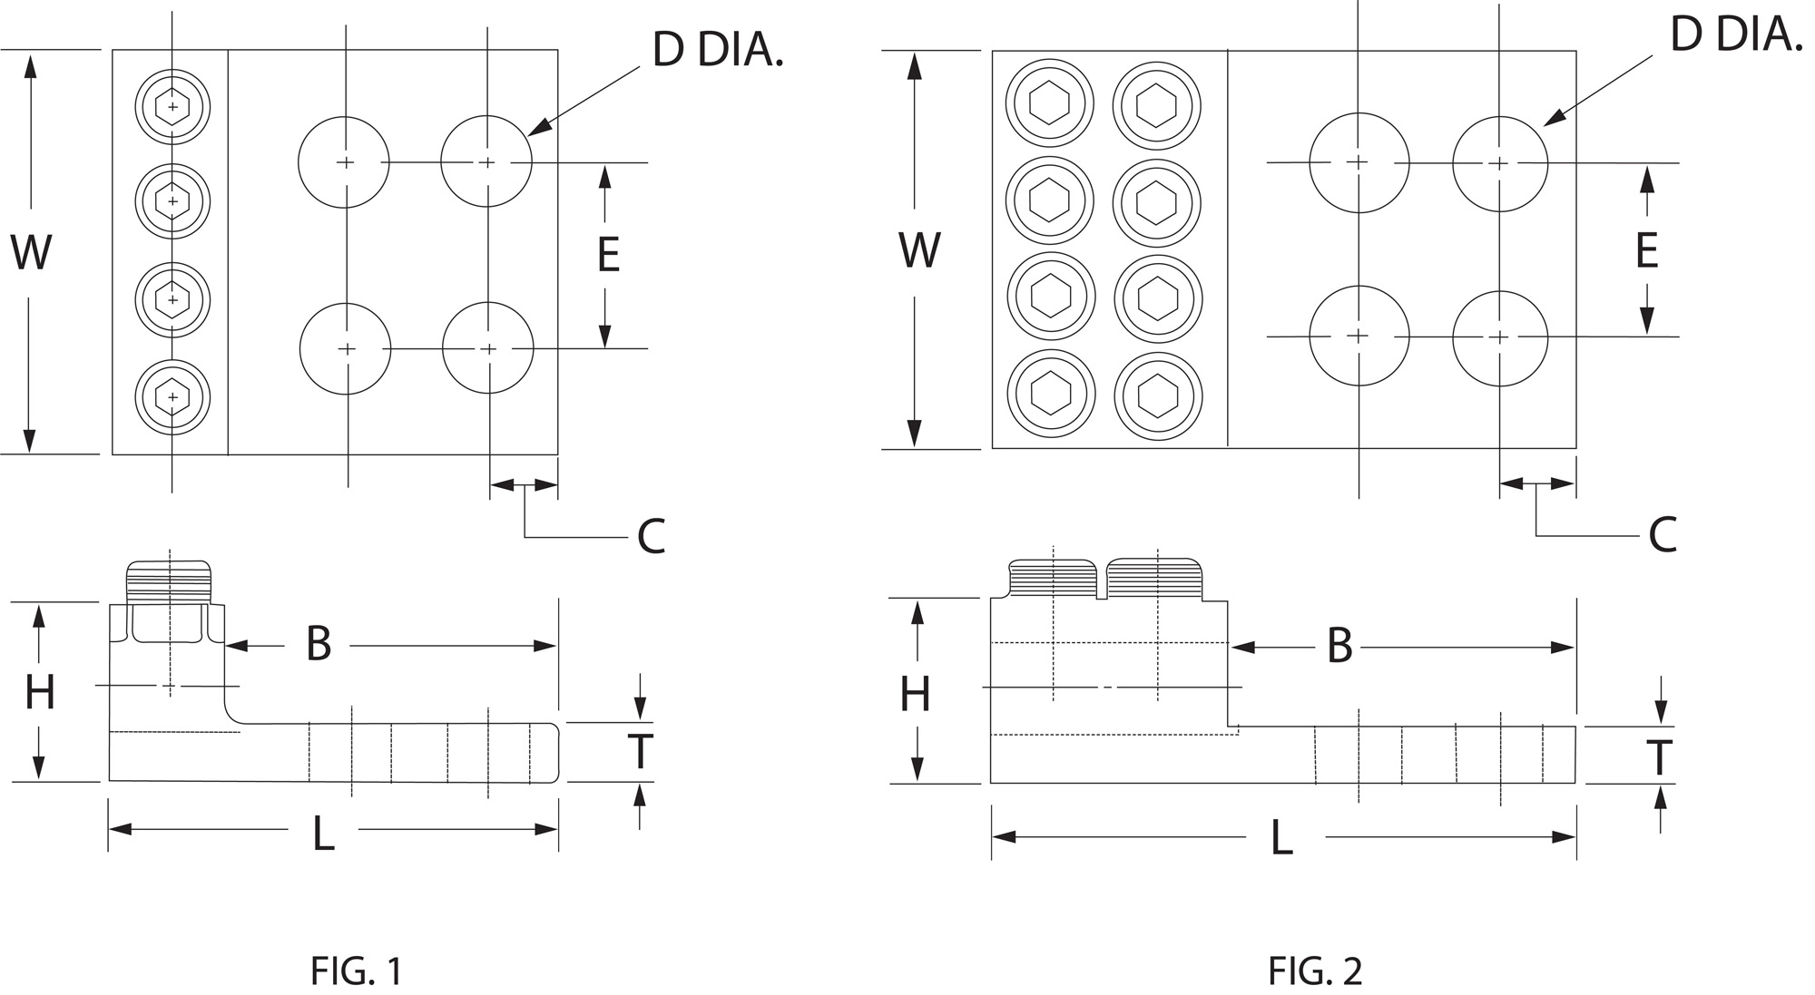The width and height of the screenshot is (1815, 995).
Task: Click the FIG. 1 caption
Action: [x=356, y=971]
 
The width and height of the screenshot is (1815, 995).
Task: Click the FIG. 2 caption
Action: [x=1315, y=971]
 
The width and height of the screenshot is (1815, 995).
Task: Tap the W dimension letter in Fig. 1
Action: [x=31, y=252]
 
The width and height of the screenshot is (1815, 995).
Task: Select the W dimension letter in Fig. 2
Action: [x=919, y=250]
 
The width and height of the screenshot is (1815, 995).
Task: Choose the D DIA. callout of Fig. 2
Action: [x=1735, y=35]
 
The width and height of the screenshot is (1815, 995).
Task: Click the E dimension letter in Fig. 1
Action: [x=608, y=255]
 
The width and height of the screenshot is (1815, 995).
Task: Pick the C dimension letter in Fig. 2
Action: [x=1662, y=535]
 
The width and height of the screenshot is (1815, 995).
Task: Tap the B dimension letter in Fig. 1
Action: [x=319, y=645]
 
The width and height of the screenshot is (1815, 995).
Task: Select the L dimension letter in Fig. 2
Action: [x=1280, y=839]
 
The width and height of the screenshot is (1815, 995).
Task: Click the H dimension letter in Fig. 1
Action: [x=40, y=694]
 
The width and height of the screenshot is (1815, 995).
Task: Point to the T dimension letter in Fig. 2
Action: [x=1660, y=758]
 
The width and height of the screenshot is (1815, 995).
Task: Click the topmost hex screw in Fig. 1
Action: [x=172, y=107]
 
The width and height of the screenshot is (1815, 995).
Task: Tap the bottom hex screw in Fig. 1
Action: [x=172, y=396]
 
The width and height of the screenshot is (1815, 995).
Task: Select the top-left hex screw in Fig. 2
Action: [x=1050, y=102]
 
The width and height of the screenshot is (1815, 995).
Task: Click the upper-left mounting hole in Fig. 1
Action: [x=344, y=162]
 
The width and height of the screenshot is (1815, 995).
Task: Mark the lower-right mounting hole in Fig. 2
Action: [x=1500, y=338]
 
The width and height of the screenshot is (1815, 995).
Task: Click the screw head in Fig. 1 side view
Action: [x=170, y=580]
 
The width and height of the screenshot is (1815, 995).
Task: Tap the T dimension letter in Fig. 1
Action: [x=641, y=751]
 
